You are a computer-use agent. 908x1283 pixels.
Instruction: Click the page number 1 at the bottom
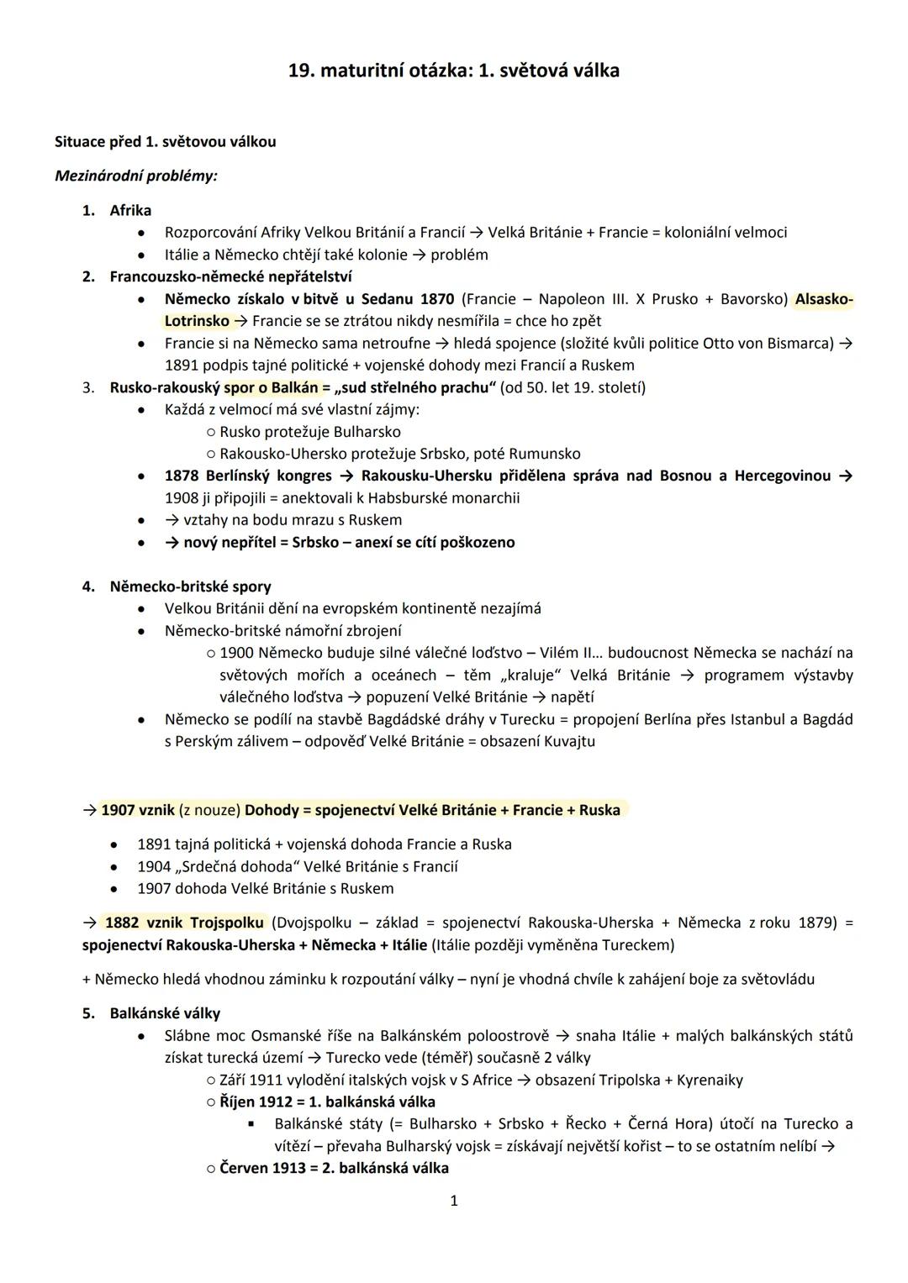pyautogui.click(x=454, y=1201)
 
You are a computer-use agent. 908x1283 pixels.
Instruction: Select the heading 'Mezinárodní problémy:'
pyautogui.click(x=135, y=176)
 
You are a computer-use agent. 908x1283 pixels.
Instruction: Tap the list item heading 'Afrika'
pyautogui.click(x=130, y=210)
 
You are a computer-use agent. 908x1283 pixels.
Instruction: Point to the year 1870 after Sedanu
pyautogui.click(x=436, y=299)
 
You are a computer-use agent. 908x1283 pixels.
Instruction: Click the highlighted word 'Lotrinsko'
pyautogui.click(x=197, y=321)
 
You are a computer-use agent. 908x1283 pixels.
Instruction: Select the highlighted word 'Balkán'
pyautogui.click(x=294, y=387)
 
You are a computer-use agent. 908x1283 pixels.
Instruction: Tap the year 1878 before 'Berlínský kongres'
pyautogui.click(x=182, y=476)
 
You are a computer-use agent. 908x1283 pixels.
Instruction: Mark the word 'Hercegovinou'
pyautogui.click(x=782, y=476)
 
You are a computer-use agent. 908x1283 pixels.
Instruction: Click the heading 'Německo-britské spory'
pyautogui.click(x=190, y=586)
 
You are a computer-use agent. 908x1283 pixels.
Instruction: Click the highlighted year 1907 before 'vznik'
pyautogui.click(x=119, y=810)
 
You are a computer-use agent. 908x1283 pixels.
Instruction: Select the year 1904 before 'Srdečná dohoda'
pyautogui.click(x=154, y=866)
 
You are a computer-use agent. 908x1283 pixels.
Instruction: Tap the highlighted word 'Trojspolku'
pyautogui.click(x=226, y=923)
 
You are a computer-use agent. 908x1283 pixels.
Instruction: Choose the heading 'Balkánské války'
pyautogui.click(x=165, y=1013)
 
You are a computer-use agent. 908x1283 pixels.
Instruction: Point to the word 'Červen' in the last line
pyautogui.click(x=243, y=1168)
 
